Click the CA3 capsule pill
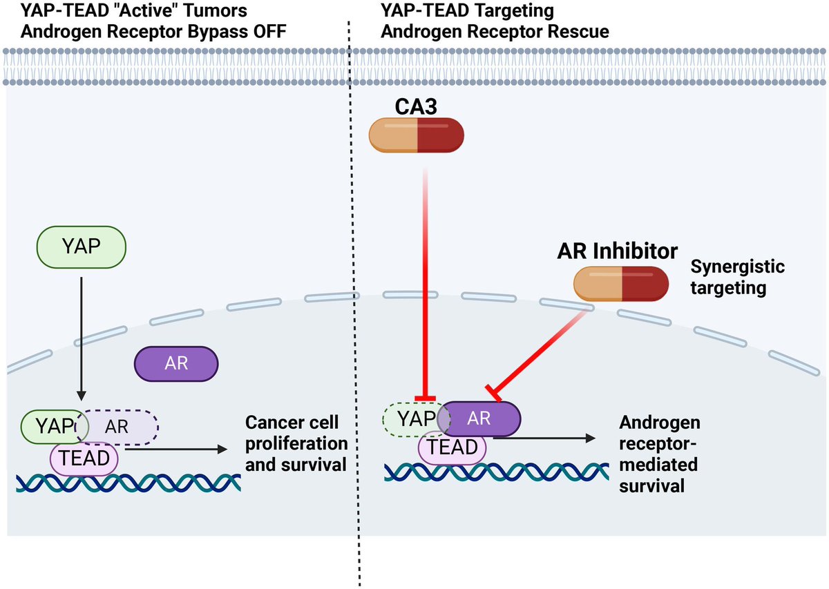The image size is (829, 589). coord(417,135)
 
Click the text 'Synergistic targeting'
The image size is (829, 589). coord(738,277)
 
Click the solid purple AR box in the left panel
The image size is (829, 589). coord(176,363)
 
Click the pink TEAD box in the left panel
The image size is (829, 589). coord(84,456)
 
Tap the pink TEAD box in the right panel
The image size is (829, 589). coord(452,447)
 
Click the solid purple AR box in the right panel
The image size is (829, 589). coord(481,418)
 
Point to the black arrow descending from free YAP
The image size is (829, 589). coord(82,338)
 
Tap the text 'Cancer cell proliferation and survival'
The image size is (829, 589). coord(296,443)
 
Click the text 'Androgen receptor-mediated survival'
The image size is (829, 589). coord(659,454)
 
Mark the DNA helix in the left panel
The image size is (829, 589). coord(128,481)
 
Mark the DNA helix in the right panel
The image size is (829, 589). coord(495,472)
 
